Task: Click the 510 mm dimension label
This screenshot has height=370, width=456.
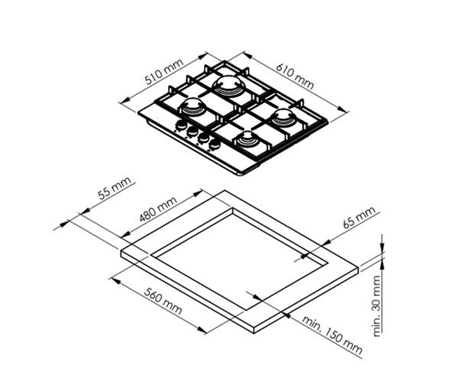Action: [164, 72]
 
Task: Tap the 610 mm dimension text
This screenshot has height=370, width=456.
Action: [294, 76]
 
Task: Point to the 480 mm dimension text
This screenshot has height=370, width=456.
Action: [158, 210]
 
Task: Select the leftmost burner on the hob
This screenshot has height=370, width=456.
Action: [191, 107]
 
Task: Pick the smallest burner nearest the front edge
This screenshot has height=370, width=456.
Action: [247, 139]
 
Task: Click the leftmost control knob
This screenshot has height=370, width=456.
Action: [181, 126]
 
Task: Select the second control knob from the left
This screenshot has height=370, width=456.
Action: [192, 132]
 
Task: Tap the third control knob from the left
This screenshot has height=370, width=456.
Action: [203, 138]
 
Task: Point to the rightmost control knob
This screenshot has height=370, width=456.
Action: [215, 144]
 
